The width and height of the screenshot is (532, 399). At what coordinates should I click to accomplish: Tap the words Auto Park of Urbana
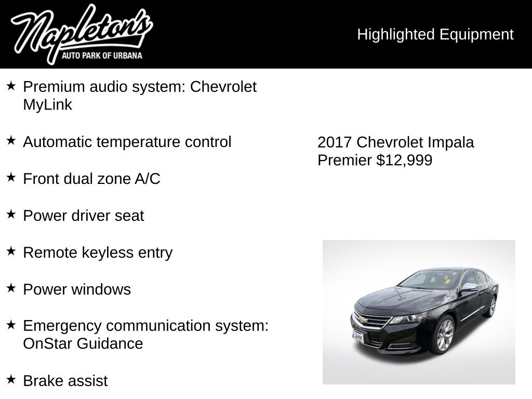[102, 56]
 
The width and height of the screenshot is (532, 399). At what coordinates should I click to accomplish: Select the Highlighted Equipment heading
[435, 34]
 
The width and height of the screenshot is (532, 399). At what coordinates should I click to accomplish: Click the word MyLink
[47, 105]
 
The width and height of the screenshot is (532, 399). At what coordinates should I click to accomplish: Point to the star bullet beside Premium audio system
[11, 86]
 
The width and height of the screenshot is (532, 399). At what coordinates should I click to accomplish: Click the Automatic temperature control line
[127, 142]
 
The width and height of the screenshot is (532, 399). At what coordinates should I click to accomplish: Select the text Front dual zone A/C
[91, 179]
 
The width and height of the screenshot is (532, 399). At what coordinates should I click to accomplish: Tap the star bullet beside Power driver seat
[11, 215]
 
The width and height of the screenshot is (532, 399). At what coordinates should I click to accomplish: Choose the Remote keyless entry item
[98, 252]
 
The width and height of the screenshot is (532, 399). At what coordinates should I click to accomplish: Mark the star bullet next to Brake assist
[11, 379]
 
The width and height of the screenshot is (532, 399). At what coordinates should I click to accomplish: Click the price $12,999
[404, 160]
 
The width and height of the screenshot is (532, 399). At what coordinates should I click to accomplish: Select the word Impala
[451, 142]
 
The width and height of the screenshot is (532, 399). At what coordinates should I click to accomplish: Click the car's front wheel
[445, 335]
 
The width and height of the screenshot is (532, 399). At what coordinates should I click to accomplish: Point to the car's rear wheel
[490, 307]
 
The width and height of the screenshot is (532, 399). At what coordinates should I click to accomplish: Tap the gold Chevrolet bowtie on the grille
[362, 320]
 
